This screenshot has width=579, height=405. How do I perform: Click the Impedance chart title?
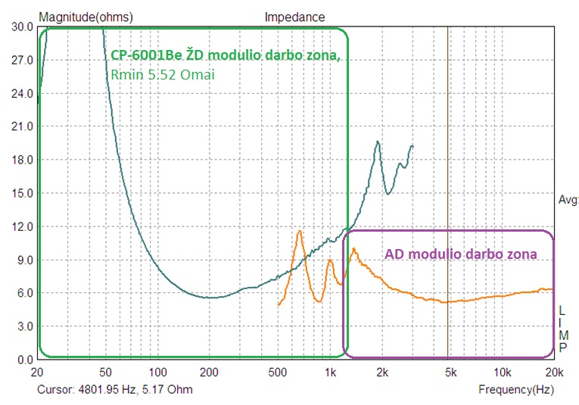294,17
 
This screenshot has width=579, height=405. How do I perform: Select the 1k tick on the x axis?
330,372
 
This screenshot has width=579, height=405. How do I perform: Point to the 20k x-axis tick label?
554,372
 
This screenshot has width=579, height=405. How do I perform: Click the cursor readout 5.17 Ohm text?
169,390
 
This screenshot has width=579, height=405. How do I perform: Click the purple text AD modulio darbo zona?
461,254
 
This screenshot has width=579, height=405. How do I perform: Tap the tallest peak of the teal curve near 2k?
378,142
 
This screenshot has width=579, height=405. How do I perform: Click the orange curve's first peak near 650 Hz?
300,231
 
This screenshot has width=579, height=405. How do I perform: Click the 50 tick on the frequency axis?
106,372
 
